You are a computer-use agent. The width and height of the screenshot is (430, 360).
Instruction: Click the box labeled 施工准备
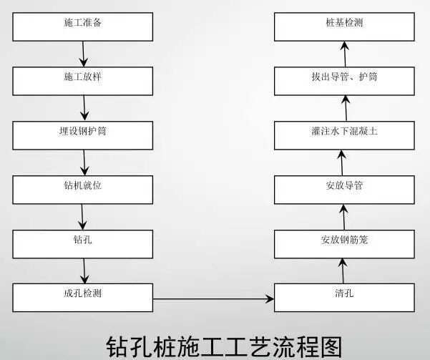83,25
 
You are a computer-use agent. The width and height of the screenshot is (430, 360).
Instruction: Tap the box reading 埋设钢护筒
83,133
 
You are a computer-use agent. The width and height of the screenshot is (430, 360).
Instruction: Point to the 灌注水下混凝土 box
344,133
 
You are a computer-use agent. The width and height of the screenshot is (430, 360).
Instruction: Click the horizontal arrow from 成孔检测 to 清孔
214,298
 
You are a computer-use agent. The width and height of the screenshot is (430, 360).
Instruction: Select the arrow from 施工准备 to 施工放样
84,52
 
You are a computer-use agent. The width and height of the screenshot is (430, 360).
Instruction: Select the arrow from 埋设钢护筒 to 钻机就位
84,160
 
